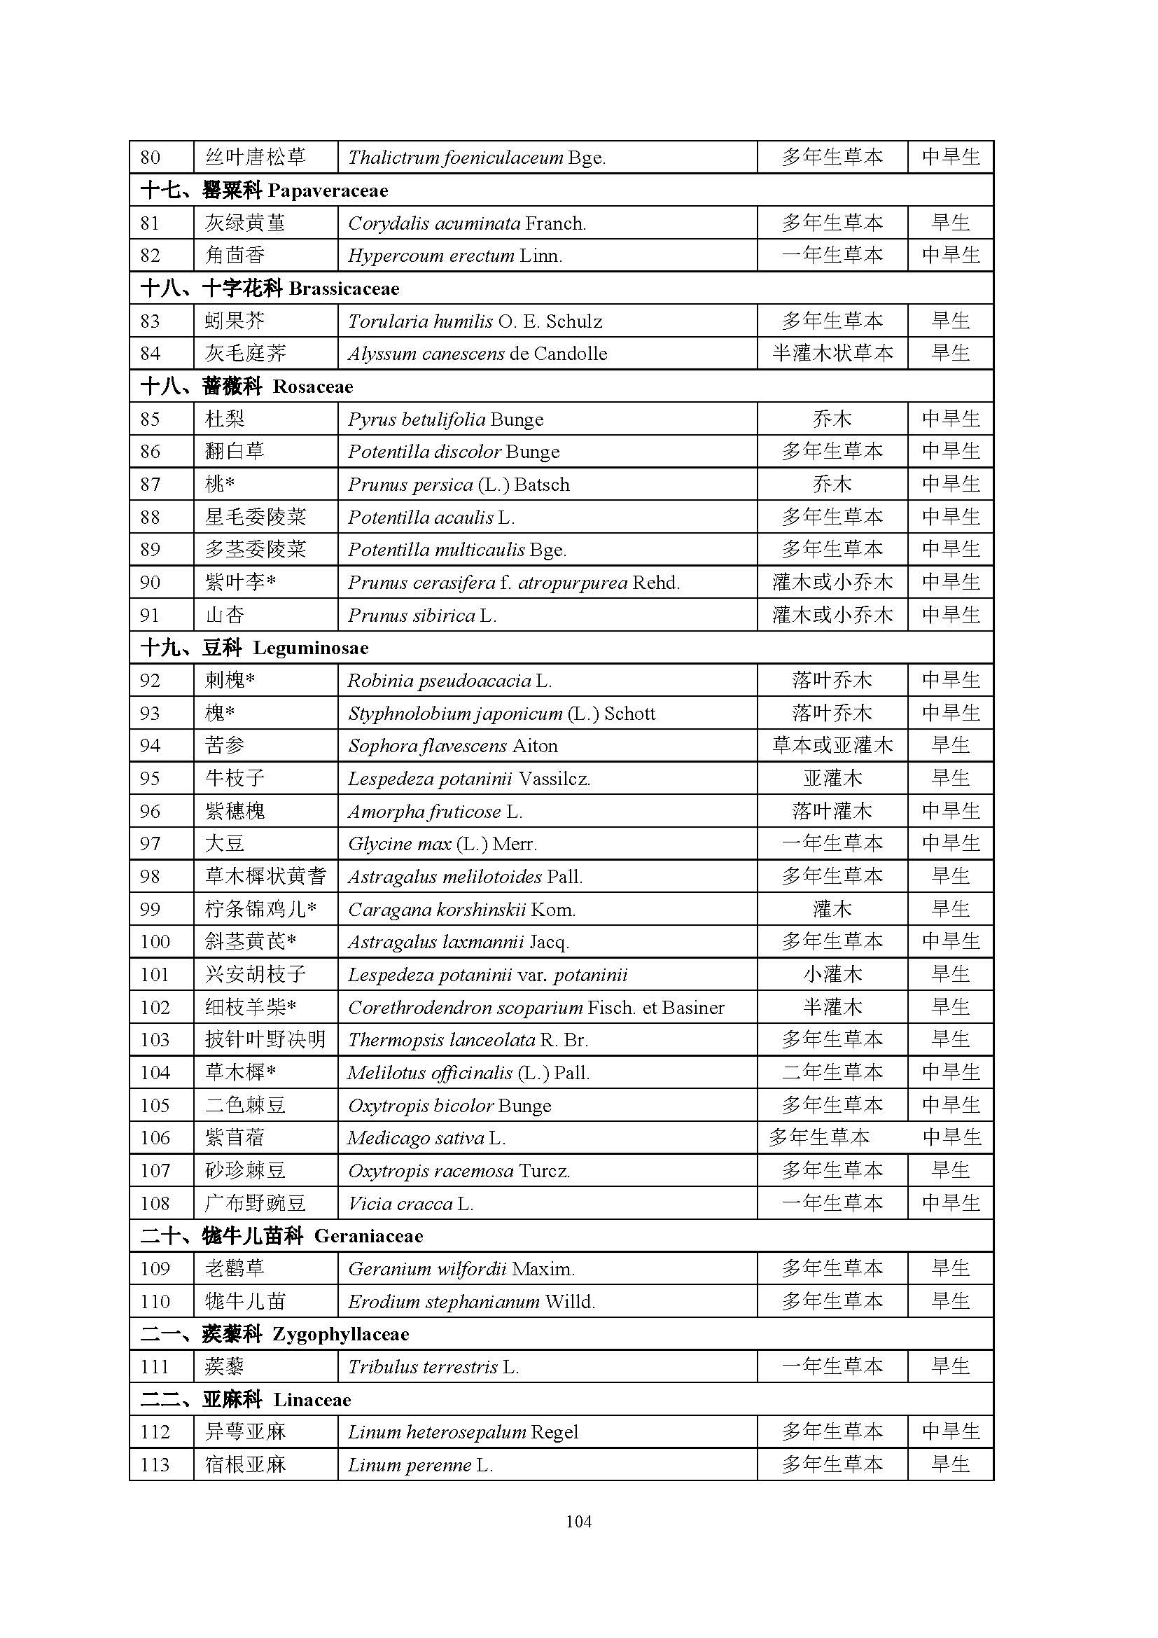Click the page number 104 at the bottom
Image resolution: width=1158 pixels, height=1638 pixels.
click(x=578, y=1521)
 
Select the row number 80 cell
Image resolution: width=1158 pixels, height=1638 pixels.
click(x=151, y=157)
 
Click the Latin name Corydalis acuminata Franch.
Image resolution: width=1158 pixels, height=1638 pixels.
click(x=467, y=223)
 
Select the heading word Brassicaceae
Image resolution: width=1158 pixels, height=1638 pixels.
click(x=344, y=289)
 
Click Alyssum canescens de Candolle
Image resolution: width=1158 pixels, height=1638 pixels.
click(x=477, y=354)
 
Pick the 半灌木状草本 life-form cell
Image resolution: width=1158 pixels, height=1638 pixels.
click(x=832, y=354)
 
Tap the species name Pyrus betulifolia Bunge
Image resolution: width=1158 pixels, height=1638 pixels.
click(x=446, y=419)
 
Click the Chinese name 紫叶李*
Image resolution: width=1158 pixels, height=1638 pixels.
click(x=240, y=583)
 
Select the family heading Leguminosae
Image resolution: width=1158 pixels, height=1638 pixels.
click(x=310, y=648)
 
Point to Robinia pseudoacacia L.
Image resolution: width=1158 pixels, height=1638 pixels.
click(x=449, y=681)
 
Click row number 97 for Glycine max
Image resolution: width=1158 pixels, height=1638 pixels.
click(x=151, y=844)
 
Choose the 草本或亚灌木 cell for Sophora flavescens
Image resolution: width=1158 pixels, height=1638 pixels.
click(x=832, y=746)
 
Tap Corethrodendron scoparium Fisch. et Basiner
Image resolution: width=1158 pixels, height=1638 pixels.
click(x=536, y=1007)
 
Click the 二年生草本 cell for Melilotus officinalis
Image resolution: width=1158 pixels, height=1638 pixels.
click(x=832, y=1073)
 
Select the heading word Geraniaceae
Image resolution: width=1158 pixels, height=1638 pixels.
click(x=368, y=1236)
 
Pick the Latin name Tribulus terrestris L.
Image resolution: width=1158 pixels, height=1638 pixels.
click(x=433, y=1367)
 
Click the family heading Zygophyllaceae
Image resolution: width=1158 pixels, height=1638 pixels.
click(x=341, y=1334)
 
